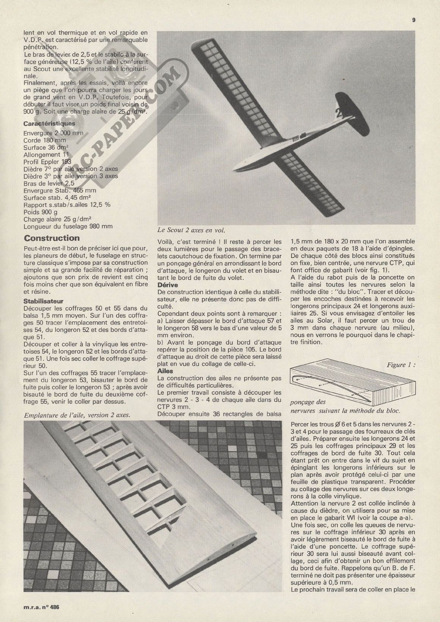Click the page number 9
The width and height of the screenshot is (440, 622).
pyautogui.click(x=414, y=21)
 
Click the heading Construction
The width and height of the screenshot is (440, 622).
pyautogui.click(x=52, y=238)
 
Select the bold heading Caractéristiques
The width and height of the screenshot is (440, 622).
pyautogui.click(x=49, y=123)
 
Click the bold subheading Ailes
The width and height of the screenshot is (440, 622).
pyautogui.click(x=165, y=371)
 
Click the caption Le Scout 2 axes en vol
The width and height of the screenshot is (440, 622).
pyautogui.click(x=192, y=230)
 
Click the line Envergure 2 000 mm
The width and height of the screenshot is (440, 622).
pyautogui.click(x=53, y=133)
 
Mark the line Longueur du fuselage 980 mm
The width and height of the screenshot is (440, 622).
pyautogui.click(x=68, y=226)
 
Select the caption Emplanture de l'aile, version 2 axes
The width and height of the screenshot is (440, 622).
pyautogui.click(x=77, y=415)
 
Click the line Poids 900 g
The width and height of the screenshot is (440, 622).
pyautogui.click(x=41, y=212)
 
